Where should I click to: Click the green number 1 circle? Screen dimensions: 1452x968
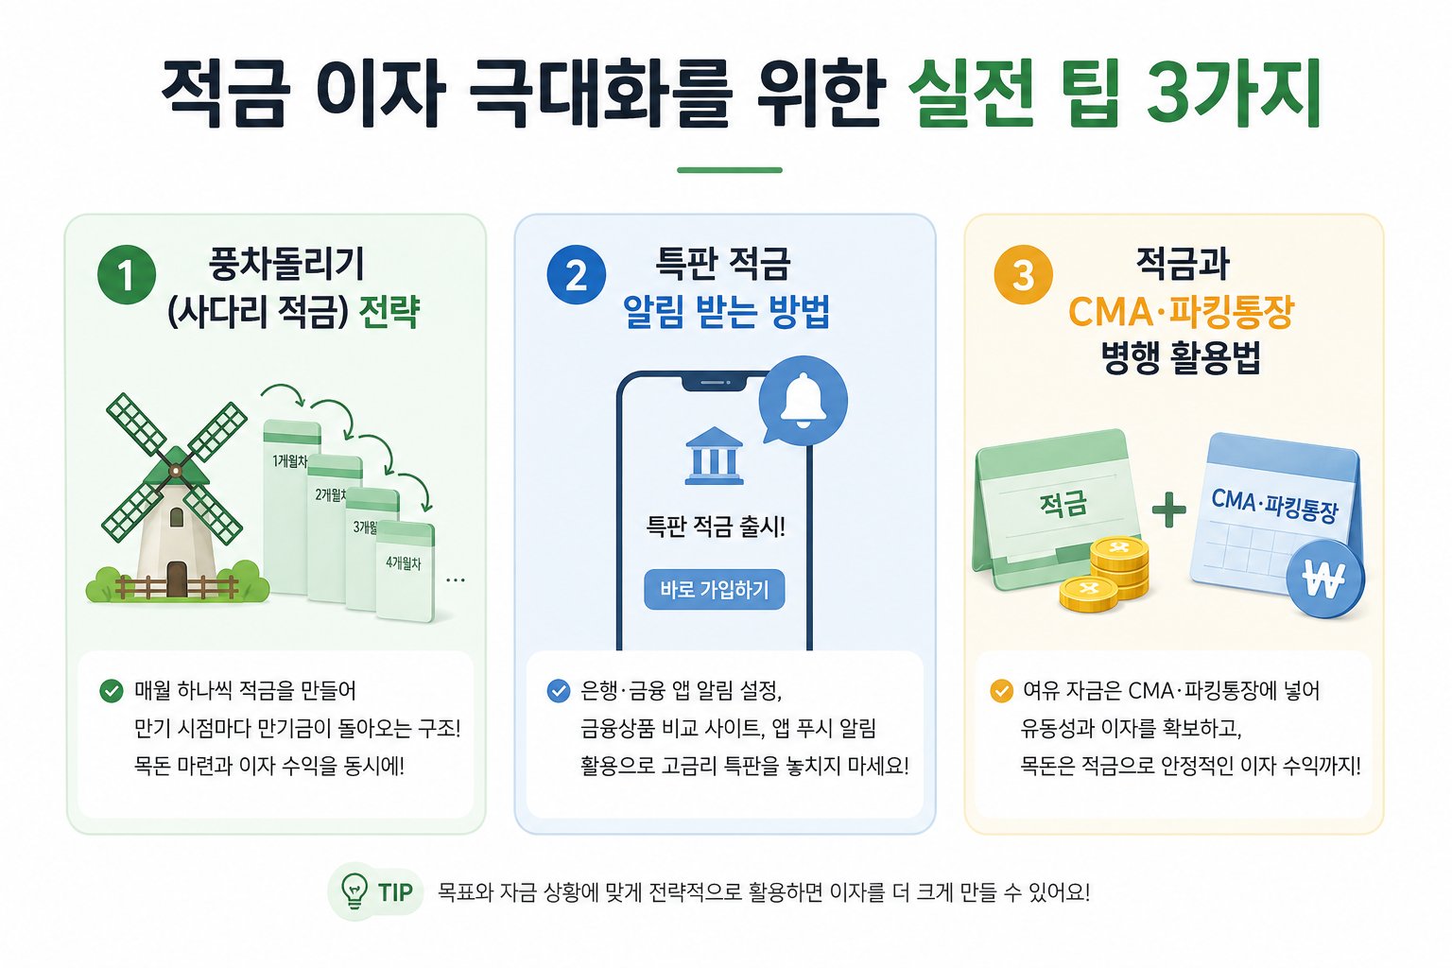[127, 275]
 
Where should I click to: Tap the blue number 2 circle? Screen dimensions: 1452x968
[577, 275]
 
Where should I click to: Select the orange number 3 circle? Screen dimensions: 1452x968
[1024, 275]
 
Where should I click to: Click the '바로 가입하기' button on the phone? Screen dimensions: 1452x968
[715, 589]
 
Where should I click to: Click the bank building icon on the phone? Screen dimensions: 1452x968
[714, 456]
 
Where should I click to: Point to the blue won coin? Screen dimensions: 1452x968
[1324, 579]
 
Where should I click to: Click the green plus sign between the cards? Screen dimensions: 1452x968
[1169, 510]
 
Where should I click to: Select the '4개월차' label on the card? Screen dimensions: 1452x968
[404, 562]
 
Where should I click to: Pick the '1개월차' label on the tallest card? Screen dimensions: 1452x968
[289, 461]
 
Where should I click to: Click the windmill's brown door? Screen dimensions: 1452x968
[177, 579]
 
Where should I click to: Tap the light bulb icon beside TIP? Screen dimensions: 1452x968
[354, 890]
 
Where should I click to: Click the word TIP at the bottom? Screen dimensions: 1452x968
[395, 892]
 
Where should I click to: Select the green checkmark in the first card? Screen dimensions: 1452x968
[112, 691]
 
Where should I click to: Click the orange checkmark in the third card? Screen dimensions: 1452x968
[1001, 691]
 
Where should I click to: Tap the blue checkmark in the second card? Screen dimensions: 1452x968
[558, 691]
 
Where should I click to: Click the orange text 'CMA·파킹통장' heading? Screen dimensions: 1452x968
[1181, 312]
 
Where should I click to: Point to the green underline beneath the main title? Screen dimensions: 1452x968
[729, 170]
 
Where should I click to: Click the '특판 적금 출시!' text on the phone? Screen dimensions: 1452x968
[716, 526]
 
